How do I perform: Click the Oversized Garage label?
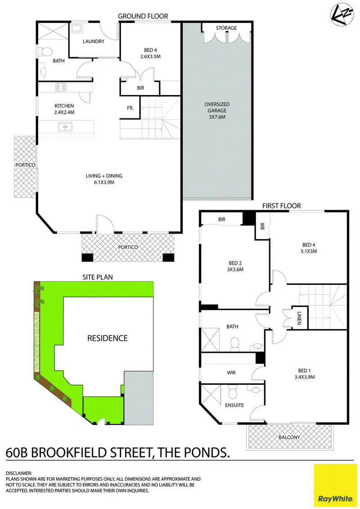(217, 110)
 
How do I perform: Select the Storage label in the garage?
(226, 28)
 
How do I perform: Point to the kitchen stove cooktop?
(61, 87)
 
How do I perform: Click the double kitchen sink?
(65, 126)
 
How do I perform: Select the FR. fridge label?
(130, 108)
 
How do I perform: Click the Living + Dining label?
(104, 179)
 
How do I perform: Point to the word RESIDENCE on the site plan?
(108, 338)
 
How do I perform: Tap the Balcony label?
(289, 437)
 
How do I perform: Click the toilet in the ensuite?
(233, 392)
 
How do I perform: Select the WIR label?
(231, 373)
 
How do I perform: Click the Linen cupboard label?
(299, 318)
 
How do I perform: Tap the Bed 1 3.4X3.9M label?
(305, 374)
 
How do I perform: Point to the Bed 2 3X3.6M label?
(235, 266)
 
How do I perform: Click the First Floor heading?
(281, 206)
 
